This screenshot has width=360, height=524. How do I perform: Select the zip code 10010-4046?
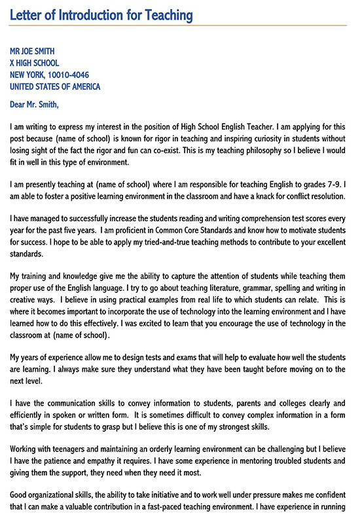pos(75,75)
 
